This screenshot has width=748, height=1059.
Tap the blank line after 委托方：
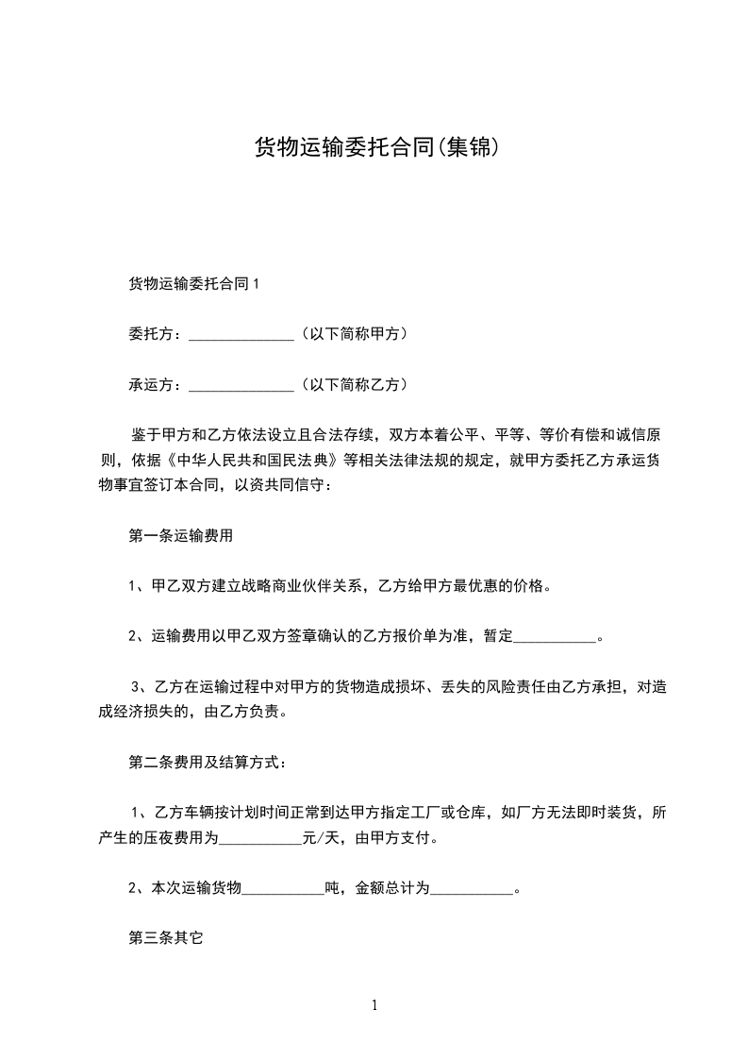pyautogui.click(x=242, y=334)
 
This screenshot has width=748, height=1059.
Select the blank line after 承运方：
pyautogui.click(x=242, y=385)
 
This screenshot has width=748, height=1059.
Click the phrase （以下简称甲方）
pyautogui.click(x=353, y=333)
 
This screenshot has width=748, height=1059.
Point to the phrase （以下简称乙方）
pyautogui.click(x=353, y=384)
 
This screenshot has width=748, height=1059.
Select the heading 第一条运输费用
pyautogui.click(x=180, y=535)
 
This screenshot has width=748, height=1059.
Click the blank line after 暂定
pyautogui.click(x=555, y=637)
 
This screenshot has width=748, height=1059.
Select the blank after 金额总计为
pyautogui.click(x=472, y=888)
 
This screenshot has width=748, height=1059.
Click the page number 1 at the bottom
pyautogui.click(x=374, y=1005)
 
